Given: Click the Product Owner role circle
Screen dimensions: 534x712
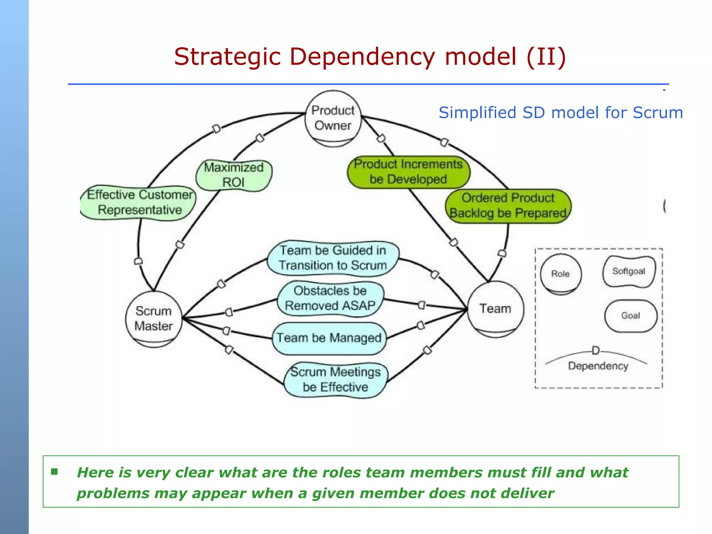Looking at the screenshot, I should point(333,118).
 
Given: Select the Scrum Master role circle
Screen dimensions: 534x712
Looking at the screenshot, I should point(153,318).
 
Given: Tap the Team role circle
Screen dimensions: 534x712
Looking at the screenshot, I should point(495,309).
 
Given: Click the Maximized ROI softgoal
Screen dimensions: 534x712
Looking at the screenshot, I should point(234,175).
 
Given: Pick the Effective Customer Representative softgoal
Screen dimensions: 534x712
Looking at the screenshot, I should point(139,202).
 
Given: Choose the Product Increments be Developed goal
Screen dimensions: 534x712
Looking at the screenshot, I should point(408,172).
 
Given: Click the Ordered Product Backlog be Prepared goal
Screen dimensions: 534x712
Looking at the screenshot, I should point(508,205).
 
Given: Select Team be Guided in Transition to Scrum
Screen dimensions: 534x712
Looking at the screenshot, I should point(333,258).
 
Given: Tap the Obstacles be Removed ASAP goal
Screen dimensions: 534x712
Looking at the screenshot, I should point(330,298).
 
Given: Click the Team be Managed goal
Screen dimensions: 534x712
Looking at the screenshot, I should point(329,338).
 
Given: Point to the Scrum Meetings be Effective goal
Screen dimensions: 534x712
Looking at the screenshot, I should point(335,380).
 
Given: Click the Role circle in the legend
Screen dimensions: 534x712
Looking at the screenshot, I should point(560,274).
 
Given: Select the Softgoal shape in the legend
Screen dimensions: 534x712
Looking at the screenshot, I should point(629,272).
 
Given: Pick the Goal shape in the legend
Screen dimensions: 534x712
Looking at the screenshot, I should point(631,316).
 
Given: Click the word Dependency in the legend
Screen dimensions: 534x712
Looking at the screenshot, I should point(598,366).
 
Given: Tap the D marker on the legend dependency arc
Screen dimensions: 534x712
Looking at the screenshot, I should point(596,350).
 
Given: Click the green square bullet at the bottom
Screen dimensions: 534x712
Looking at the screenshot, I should point(54,472).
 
